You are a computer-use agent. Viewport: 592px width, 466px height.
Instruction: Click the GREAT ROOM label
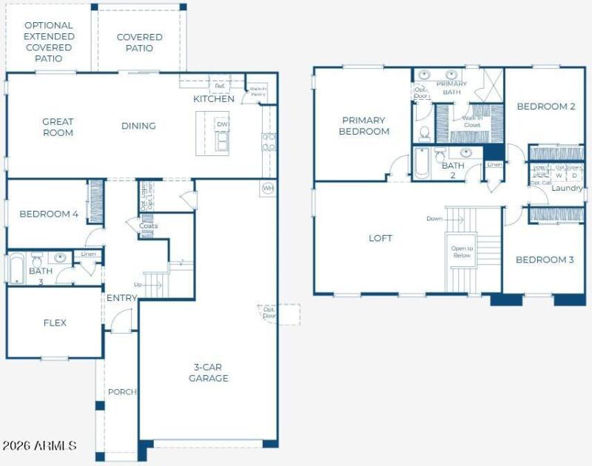tap(58, 127)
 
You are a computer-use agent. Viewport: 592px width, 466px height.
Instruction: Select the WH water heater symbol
tap(267, 189)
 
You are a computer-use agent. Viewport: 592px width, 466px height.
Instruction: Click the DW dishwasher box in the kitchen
tap(222, 124)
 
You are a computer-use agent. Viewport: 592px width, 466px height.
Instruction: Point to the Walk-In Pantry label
tap(258, 91)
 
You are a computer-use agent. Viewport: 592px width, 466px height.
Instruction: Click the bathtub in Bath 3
tap(17, 268)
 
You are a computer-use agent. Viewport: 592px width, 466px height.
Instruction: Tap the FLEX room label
tap(55, 323)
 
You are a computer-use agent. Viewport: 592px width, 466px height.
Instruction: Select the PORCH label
tap(122, 391)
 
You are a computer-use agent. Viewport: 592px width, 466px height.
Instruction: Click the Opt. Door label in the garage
tap(268, 313)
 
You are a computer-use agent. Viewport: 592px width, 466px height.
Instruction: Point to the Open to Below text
tap(462, 251)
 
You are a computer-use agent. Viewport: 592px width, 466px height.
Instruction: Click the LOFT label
tap(380, 238)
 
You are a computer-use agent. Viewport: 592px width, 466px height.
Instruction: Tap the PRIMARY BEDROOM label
tap(364, 126)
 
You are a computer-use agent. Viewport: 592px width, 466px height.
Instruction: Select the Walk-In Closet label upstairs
tap(471, 121)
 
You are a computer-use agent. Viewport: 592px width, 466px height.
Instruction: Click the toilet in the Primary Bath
tap(425, 133)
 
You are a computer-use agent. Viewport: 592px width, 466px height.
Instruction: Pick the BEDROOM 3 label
tap(545, 260)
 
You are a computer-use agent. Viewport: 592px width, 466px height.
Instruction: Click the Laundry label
tap(567, 188)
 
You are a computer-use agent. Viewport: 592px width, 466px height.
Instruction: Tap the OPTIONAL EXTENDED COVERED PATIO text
tap(48, 41)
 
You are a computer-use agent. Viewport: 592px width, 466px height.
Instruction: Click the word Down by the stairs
tap(434, 218)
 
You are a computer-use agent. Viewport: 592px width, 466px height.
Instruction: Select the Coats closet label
tap(148, 226)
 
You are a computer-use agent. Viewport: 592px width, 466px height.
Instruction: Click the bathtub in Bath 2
tap(421, 163)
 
